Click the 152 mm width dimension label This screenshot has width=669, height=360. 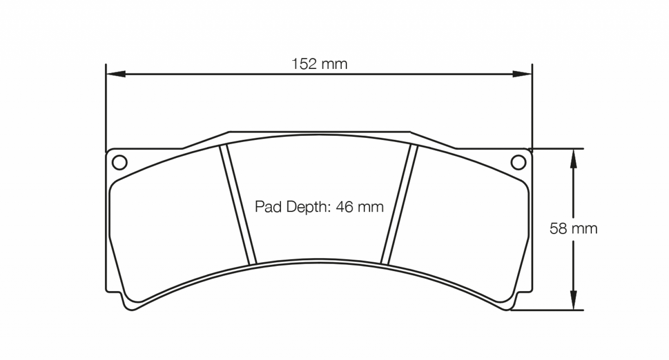(319, 64)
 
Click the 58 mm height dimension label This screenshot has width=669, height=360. (573, 229)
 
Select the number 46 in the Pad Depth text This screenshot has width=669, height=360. (344, 207)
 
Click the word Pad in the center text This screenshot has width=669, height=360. (265, 207)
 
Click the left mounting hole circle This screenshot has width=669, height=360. (119, 162)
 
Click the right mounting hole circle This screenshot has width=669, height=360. (519, 162)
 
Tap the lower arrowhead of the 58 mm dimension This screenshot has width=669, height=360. (573, 301)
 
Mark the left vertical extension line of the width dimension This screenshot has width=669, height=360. (106, 106)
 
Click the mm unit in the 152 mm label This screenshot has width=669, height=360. (334, 64)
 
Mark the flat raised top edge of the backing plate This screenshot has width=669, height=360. (319, 131)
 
